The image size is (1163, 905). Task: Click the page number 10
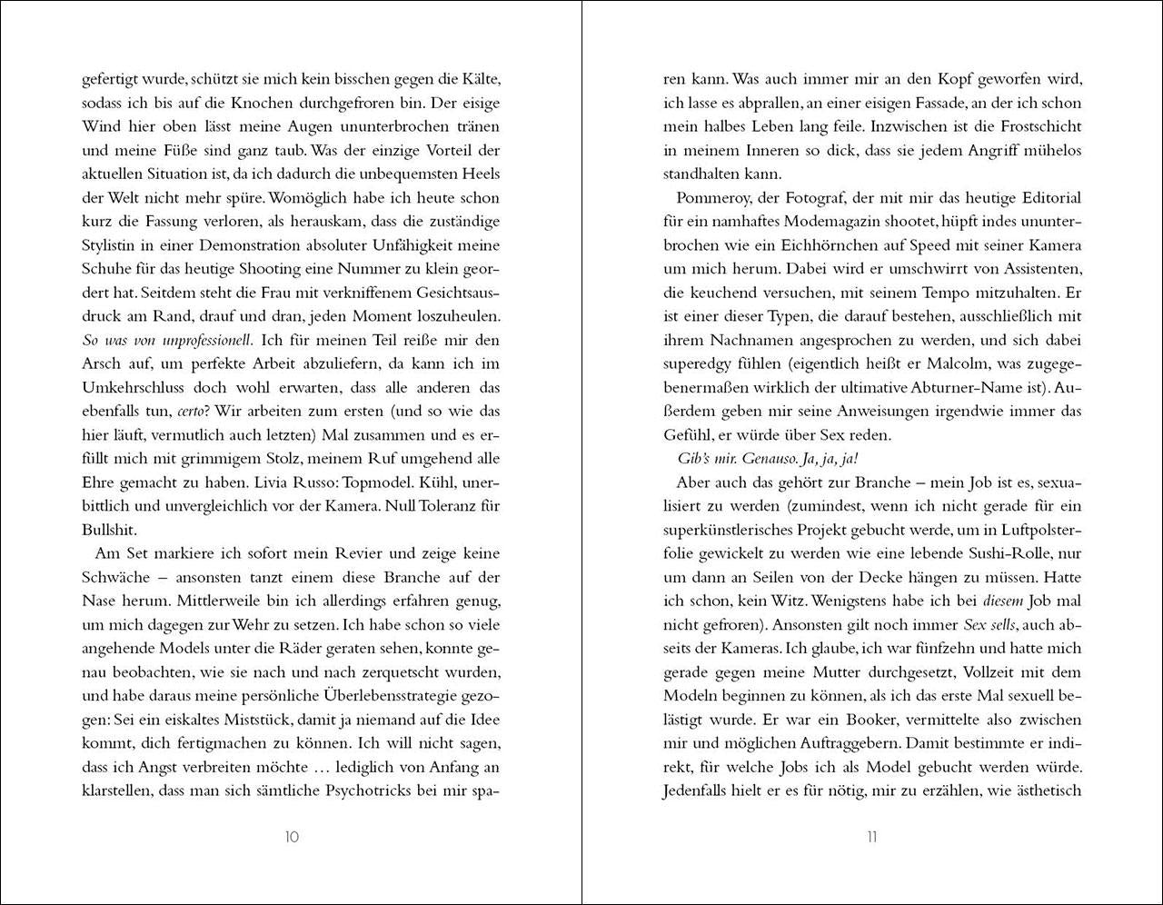pos(291,837)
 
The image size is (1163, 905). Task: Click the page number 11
pos(871,837)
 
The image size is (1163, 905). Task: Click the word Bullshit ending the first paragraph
pos(109,529)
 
